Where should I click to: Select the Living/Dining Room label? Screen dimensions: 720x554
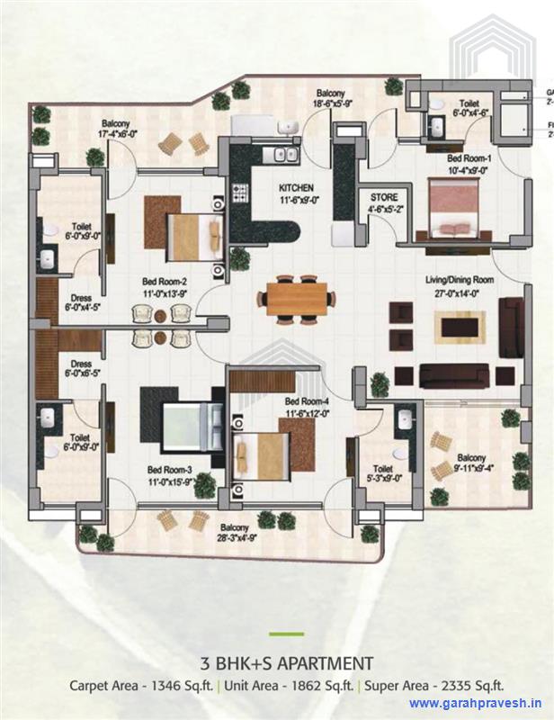pyautogui.click(x=460, y=280)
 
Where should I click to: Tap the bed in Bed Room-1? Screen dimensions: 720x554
pyautogui.click(x=453, y=206)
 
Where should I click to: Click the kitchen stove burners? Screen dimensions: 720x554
pyautogui.click(x=240, y=192)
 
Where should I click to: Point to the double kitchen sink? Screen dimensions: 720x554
pyautogui.click(x=286, y=155)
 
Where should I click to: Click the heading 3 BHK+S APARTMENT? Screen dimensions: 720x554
pyautogui.click(x=287, y=664)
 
